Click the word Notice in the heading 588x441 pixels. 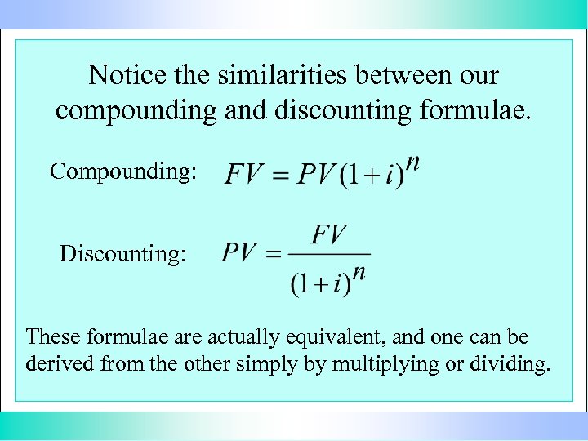click(x=121, y=76)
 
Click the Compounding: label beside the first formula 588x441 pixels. click(x=123, y=171)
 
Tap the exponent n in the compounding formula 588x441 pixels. click(x=413, y=163)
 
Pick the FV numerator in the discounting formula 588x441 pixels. click(x=329, y=235)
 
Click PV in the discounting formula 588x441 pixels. click(x=240, y=253)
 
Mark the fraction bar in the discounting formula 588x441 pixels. click(x=329, y=255)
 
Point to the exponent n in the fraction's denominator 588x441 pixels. click(x=359, y=273)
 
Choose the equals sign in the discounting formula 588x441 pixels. click(x=274, y=255)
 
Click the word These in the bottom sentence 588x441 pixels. click(x=55, y=336)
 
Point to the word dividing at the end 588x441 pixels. click(x=507, y=364)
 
